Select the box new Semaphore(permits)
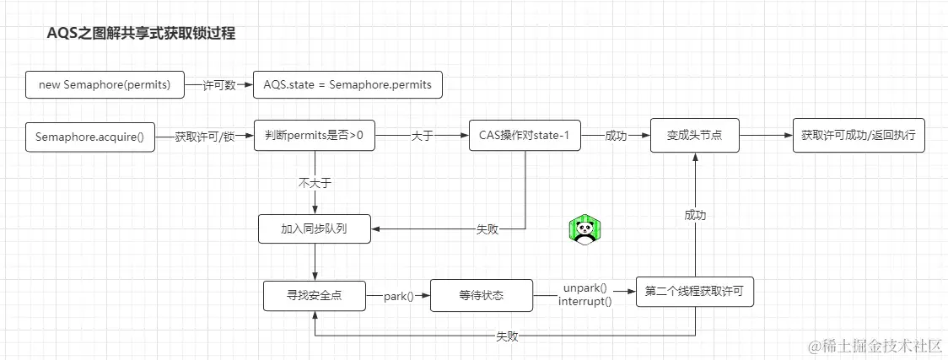coord(105,85)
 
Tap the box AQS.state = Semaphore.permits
coord(348,85)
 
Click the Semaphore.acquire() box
coord(90,137)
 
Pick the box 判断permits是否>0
coord(314,137)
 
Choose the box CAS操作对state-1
coord(524,137)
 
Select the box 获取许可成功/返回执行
coord(859,137)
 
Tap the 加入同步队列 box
coord(314,228)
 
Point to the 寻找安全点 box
coord(314,296)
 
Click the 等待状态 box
coord(482,296)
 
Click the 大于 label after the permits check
coord(422,137)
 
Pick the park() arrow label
coord(398,297)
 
